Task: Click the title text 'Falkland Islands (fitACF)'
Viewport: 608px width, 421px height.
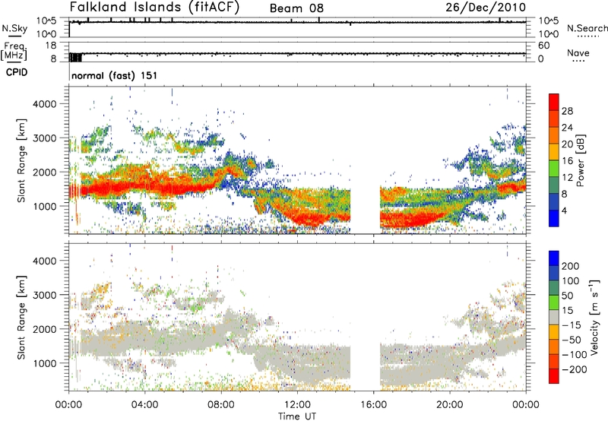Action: click(155, 7)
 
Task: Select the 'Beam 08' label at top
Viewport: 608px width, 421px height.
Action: click(296, 8)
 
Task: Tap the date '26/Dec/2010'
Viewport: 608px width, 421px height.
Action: click(486, 8)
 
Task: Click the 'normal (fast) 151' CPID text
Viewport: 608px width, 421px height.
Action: click(115, 75)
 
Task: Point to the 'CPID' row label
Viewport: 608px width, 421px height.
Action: click(17, 72)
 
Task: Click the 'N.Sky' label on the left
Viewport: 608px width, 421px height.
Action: click(14, 28)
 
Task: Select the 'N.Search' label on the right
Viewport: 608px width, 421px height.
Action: click(587, 28)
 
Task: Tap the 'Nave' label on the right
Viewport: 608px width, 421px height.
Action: click(578, 52)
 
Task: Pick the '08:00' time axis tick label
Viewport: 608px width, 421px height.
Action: click(221, 405)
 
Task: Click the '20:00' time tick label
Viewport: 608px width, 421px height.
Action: click(450, 405)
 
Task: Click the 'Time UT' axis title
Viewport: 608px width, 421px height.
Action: click(297, 416)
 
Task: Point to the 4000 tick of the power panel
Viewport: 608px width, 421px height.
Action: click(46, 104)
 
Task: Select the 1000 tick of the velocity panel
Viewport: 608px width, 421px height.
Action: click(46, 363)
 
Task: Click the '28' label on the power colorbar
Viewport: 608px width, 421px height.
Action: click(567, 111)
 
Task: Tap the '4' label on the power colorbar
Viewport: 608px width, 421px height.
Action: click(565, 211)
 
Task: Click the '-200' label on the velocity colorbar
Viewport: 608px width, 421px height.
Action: click(575, 369)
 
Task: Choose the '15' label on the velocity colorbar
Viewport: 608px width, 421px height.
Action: click(566, 311)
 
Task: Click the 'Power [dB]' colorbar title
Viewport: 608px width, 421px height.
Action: click(581, 160)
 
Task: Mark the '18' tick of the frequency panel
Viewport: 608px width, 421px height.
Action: click(51, 46)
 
